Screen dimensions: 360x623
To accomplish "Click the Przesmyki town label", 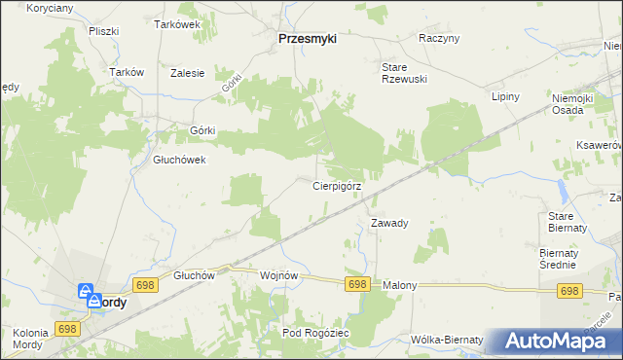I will (x=307, y=39).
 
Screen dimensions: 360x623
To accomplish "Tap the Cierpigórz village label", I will (x=338, y=185).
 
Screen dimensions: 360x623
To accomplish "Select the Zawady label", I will (x=389, y=223).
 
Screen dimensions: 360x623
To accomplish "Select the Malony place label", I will (x=400, y=285).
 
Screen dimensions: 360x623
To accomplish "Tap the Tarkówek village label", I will (x=177, y=25).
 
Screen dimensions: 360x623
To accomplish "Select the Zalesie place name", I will (x=187, y=73).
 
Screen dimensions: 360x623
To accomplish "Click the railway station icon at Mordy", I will (x=86, y=291).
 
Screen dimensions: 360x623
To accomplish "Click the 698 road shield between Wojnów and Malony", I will (x=357, y=283).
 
